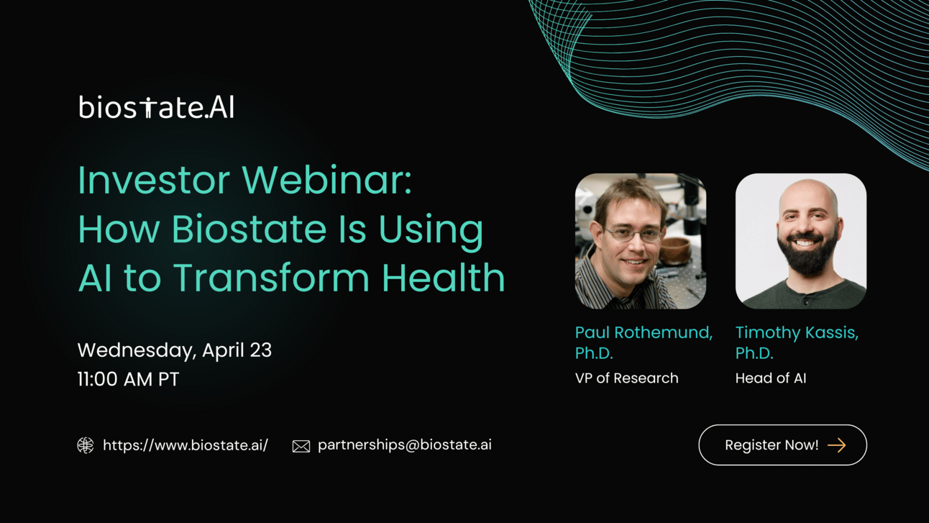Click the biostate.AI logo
[x=156, y=107]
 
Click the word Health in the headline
[x=444, y=277]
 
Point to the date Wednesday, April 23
[x=175, y=350]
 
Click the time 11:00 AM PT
[x=128, y=379]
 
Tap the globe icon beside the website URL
[x=86, y=445]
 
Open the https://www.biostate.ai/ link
[x=186, y=445]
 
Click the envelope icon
[x=301, y=446]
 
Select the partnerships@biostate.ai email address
[x=405, y=445]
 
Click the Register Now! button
[x=782, y=445]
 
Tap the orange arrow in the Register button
[x=836, y=445]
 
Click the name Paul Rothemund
[x=644, y=332]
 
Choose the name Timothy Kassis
[x=797, y=332]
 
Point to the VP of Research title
[x=627, y=378]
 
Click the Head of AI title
[x=771, y=378]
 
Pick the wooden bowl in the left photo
[x=675, y=250]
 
